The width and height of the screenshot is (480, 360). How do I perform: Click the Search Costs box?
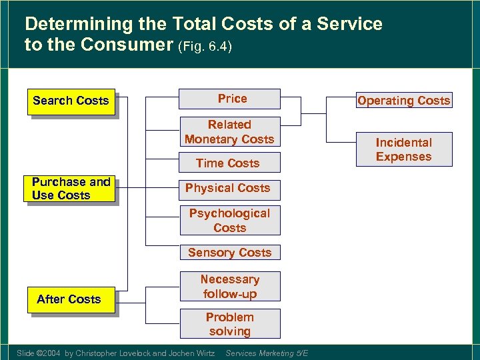tap(71, 101)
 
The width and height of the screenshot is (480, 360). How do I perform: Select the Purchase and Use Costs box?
tap(71, 189)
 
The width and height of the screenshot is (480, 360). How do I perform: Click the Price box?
tap(230, 99)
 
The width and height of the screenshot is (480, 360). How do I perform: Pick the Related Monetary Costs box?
tap(230, 132)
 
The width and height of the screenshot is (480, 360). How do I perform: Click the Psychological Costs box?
tap(230, 221)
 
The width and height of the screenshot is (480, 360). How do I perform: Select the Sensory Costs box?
tap(230, 253)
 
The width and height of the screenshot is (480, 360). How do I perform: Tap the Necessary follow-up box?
tap(230, 287)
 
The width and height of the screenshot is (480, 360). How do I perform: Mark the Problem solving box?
tap(230, 324)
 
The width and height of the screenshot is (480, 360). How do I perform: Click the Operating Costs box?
tap(403, 101)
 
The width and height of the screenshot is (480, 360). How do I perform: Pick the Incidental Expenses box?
tap(403, 150)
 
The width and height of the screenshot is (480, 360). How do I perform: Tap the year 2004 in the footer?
tap(51, 353)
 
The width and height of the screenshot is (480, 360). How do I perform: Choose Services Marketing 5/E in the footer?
tap(267, 353)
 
